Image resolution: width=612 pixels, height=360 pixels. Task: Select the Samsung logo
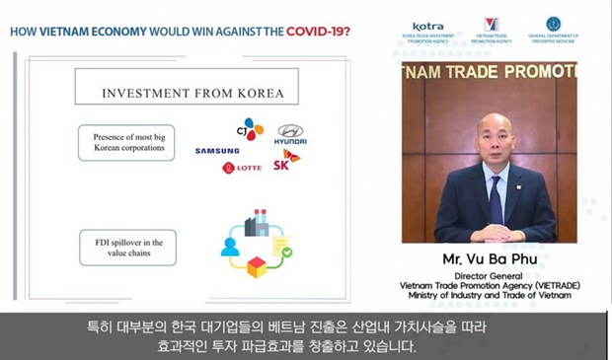(x=216, y=151)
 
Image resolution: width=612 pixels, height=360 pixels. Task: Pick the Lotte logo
(x=242, y=168)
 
